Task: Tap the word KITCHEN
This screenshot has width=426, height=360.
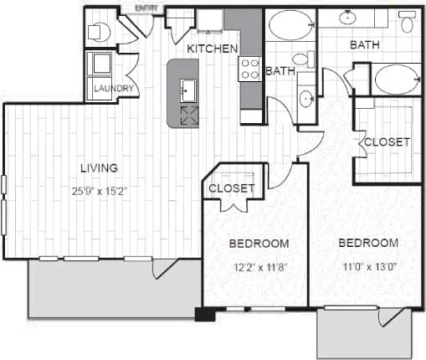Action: (212, 49)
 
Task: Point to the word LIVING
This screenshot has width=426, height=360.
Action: (98, 167)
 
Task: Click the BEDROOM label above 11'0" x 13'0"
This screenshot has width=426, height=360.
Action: (367, 243)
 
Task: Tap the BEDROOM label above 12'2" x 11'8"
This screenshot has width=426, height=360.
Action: (259, 244)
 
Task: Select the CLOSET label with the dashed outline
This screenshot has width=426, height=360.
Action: (387, 141)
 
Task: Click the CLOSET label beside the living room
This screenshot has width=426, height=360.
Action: (231, 188)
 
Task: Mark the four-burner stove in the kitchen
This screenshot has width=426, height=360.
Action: (250, 68)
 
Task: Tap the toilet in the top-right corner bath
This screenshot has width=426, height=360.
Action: (408, 22)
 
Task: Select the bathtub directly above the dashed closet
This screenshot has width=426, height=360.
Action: (397, 80)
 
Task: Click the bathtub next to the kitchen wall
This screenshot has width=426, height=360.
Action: (290, 24)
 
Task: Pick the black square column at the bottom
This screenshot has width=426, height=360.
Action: (204, 315)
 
